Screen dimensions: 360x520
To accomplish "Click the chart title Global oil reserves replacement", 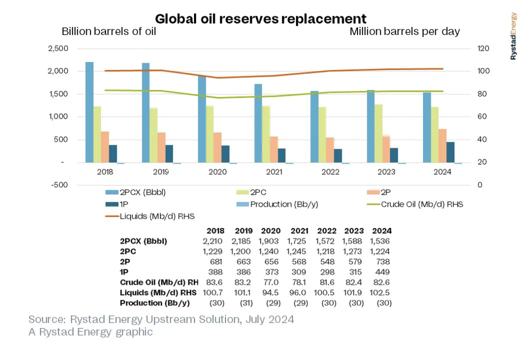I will (261, 19).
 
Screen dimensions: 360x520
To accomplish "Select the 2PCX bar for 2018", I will (89, 112).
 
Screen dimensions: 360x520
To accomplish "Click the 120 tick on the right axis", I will (482, 49).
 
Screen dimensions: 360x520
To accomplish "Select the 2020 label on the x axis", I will (217, 172).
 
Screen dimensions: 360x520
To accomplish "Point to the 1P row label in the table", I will (124, 272).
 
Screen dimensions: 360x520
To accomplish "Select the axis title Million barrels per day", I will (405, 31).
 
